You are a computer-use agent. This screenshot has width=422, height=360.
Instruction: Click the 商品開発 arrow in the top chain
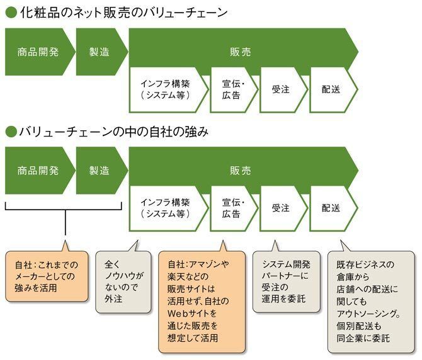[37, 52]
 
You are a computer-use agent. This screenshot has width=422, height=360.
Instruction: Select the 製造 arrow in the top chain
[99, 52]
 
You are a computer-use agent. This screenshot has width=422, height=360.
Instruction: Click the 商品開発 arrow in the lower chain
[37, 171]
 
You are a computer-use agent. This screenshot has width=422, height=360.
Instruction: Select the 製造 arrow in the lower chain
[99, 171]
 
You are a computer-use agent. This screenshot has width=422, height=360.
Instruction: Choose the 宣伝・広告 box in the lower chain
[232, 208]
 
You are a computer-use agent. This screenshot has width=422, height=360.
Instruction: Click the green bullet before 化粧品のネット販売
[9, 13]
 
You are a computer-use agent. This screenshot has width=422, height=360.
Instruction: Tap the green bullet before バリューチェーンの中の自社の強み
[9, 132]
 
